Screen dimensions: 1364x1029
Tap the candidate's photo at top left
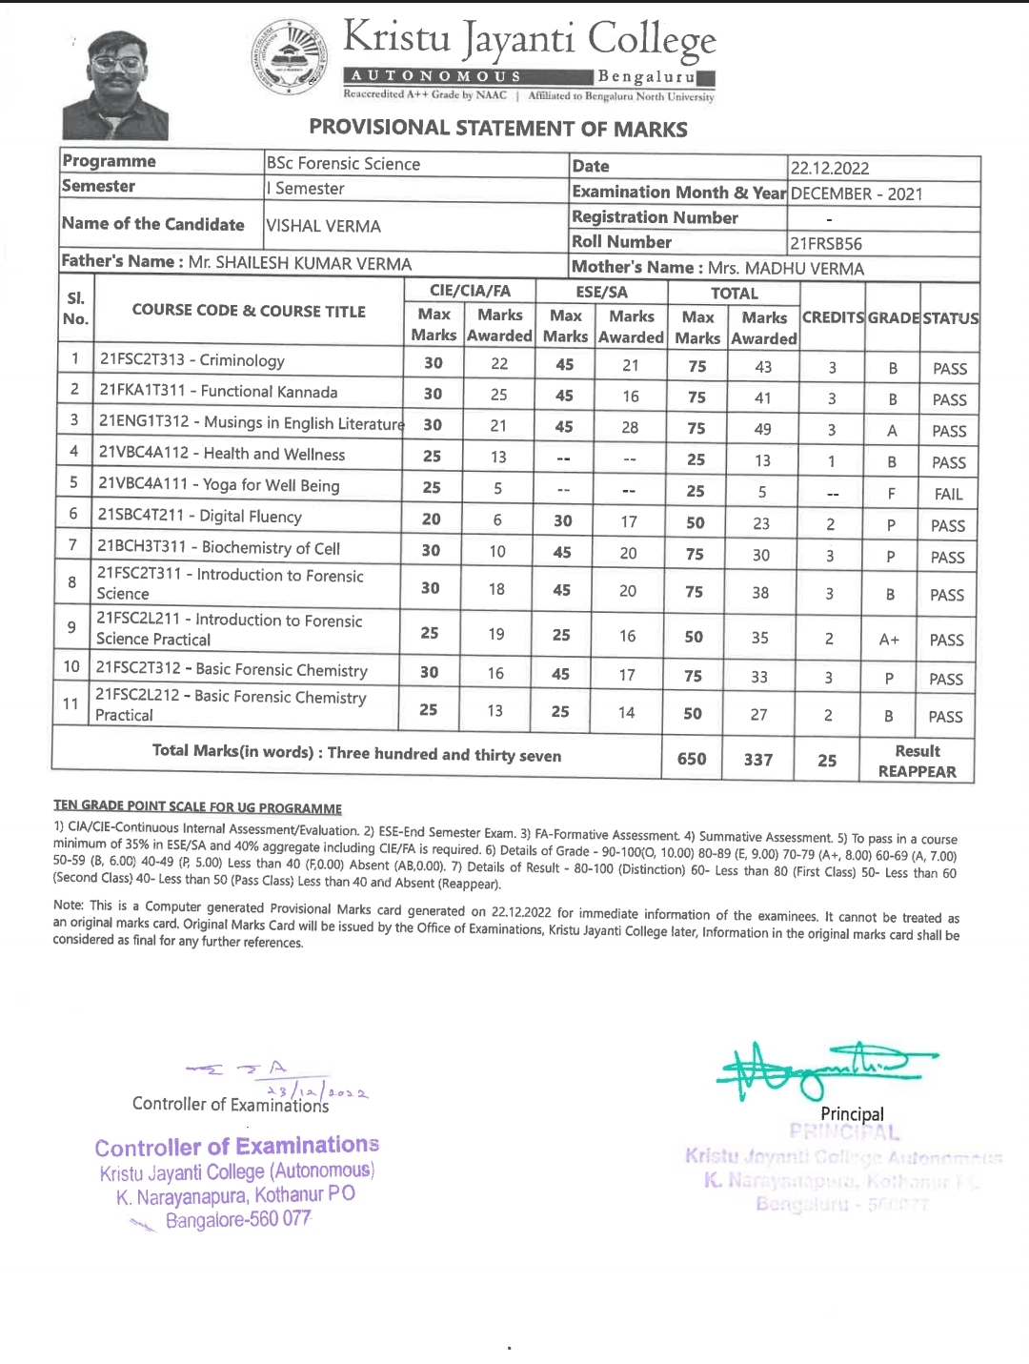115,87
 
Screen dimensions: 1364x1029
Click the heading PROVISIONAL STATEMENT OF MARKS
498,128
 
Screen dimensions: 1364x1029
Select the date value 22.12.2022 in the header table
829,169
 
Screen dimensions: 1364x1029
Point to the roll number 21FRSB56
826,243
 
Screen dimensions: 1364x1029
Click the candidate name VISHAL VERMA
323,226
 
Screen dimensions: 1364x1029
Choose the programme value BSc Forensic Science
343,163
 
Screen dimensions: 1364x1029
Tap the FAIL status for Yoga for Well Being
948,494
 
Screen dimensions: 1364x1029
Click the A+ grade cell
889,640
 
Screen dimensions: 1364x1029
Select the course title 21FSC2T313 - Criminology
192,360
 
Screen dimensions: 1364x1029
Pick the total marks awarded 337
758,760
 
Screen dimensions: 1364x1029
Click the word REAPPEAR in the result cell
917,771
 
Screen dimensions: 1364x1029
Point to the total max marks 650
692,759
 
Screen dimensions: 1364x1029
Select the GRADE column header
893,317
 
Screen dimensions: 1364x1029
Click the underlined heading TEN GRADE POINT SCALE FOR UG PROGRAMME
197,807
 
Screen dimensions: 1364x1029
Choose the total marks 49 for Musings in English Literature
762,429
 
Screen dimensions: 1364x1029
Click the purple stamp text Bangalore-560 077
238,1219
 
